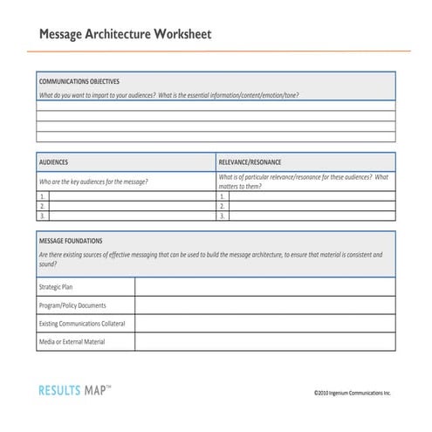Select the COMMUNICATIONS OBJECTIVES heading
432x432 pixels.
click(x=79, y=80)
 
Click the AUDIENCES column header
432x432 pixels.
click(x=54, y=162)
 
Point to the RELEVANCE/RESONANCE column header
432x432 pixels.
click(x=250, y=162)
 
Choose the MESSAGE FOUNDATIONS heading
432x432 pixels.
click(x=71, y=240)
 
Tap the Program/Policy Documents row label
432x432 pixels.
click(x=72, y=305)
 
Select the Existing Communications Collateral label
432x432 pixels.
click(x=82, y=324)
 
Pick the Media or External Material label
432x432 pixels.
click(x=72, y=342)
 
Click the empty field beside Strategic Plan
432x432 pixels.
click(x=264, y=287)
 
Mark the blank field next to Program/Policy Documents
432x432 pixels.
click(x=264, y=305)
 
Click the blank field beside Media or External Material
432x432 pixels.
click(x=264, y=342)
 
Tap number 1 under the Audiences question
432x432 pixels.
click(x=42, y=197)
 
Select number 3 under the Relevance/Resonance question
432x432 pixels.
click(x=223, y=216)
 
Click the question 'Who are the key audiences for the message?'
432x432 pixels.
click(x=93, y=182)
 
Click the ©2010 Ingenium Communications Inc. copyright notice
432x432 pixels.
click(x=353, y=394)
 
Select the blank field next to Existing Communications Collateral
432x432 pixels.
click(x=264, y=324)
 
